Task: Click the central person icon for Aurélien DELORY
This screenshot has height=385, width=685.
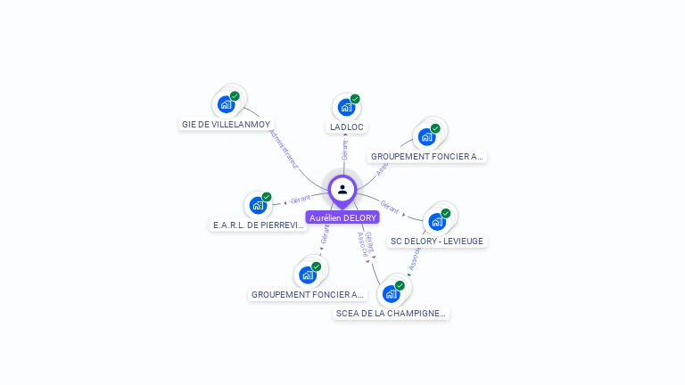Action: [342, 189]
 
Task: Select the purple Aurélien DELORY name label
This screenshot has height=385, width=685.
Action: [342, 217]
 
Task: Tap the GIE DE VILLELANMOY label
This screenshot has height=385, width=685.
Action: [226, 125]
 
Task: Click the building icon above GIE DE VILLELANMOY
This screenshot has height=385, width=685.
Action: [226, 104]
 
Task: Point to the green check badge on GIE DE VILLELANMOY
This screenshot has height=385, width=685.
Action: [235, 96]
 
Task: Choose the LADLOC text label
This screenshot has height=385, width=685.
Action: [347, 127]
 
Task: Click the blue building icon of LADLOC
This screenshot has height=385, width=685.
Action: [346, 108]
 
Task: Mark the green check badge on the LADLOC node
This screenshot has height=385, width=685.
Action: [355, 99]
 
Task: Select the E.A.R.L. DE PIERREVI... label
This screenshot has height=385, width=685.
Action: [259, 225]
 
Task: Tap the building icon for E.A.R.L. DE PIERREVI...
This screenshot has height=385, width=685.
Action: [258, 205]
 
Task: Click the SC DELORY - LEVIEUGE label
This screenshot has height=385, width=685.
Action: [438, 242]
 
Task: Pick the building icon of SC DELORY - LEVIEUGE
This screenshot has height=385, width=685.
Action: [437, 221]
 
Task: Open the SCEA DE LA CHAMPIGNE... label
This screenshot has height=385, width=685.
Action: [392, 314]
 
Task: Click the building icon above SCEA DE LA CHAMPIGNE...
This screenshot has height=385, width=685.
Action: [391, 293]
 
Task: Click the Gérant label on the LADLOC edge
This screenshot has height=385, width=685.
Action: [345, 149]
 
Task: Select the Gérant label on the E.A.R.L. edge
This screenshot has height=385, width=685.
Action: [300, 200]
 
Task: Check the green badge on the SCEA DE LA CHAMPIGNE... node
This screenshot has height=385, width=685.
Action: [400, 285]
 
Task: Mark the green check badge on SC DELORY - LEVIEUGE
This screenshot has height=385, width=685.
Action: [446, 213]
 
